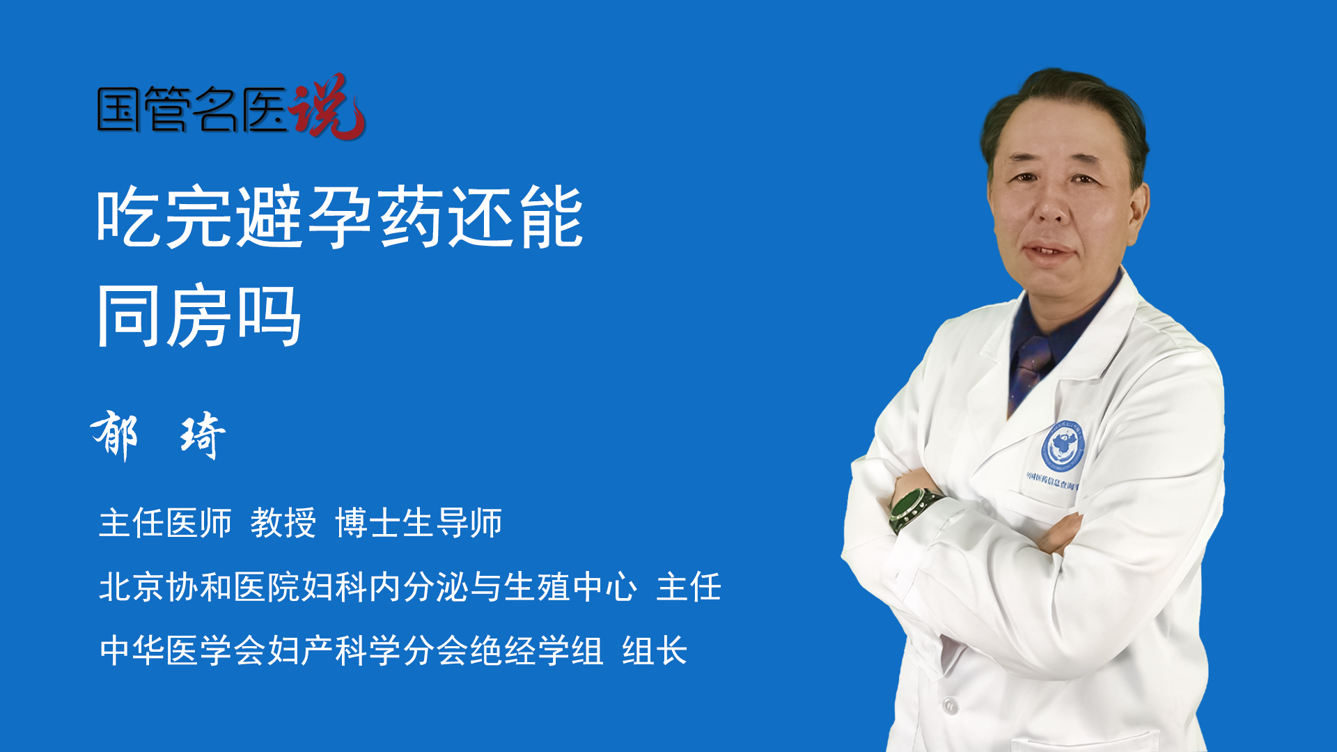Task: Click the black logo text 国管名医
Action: click(x=192, y=110)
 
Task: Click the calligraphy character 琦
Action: click(x=203, y=435)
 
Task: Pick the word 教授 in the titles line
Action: click(x=283, y=522)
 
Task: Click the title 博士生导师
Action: click(x=419, y=522)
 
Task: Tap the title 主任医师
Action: click(x=165, y=522)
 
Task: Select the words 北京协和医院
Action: click(x=200, y=586)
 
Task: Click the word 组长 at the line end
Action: click(x=655, y=650)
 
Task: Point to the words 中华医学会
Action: click(x=183, y=650)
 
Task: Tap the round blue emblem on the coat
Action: click(x=1063, y=445)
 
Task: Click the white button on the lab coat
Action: click(x=949, y=705)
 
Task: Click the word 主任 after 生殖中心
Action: click(x=689, y=586)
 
